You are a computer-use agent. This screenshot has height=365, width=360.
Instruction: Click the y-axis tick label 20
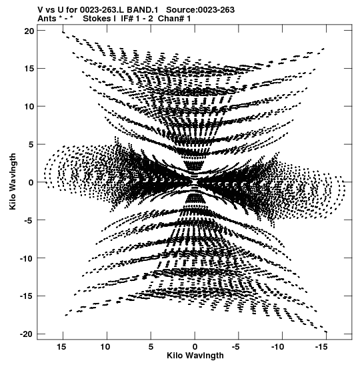pyautogui.click(x=29, y=31)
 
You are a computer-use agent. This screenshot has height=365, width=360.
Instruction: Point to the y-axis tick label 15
pyautogui.click(x=29, y=69)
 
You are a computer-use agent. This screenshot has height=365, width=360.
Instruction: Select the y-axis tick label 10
pyautogui.click(x=29, y=107)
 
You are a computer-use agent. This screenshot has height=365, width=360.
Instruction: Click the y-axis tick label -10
pyautogui.click(x=27, y=258)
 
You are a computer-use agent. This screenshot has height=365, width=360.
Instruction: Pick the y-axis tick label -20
pyautogui.click(x=27, y=334)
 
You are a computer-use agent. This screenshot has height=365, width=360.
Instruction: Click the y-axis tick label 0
pyautogui.click(x=31, y=183)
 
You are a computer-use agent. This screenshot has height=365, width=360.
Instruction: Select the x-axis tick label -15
pyautogui.click(x=321, y=347)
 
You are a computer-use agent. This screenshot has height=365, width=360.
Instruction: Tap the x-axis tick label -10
pyautogui.click(x=277, y=347)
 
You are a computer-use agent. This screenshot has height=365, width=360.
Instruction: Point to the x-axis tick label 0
pyautogui.click(x=195, y=347)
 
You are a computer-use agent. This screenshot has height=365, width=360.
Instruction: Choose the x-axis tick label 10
pyautogui.click(x=105, y=347)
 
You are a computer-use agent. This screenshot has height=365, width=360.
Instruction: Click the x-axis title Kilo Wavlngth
pyautogui.click(x=195, y=356)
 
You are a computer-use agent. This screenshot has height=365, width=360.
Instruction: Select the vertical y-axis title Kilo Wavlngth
pyautogui.click(x=13, y=181)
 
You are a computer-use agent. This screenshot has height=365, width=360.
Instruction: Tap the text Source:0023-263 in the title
pyautogui.click(x=201, y=10)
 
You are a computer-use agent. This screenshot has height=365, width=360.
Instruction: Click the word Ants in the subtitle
pyautogui.click(x=47, y=19)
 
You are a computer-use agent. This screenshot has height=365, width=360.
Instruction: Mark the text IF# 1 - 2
pyautogui.click(x=137, y=19)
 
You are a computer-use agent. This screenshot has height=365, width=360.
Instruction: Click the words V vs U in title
pyautogui.click(x=50, y=10)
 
